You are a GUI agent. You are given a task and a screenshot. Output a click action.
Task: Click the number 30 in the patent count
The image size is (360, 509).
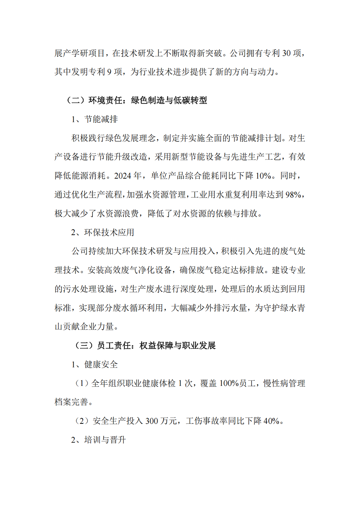287,54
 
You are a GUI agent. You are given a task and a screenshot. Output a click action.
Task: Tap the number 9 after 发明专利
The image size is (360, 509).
110,72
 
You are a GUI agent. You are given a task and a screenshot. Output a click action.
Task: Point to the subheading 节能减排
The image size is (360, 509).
100,119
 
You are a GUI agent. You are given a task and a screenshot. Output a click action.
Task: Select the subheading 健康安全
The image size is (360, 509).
100,364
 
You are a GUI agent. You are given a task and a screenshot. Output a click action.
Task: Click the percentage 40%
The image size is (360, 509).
273,421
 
